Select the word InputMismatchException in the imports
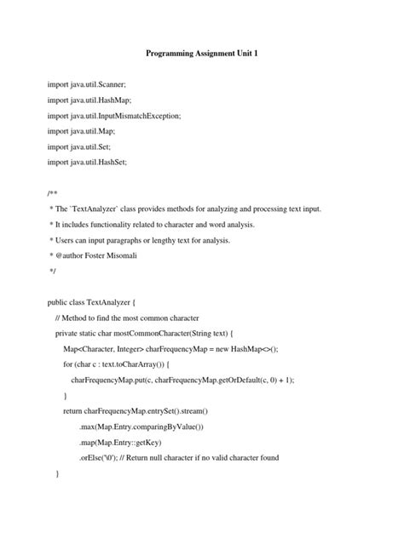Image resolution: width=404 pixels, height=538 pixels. point(126,115)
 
